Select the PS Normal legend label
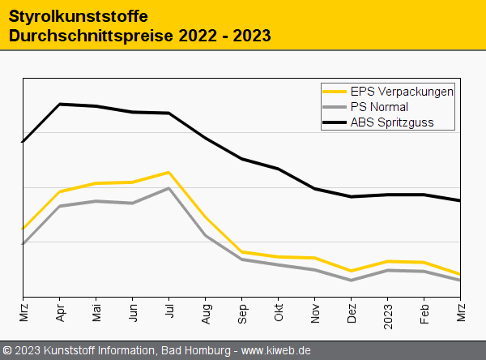click(x=379, y=107)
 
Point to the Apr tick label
click(x=60, y=313)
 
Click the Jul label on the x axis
click(x=169, y=311)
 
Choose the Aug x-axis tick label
click(x=206, y=313)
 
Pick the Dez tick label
click(x=352, y=313)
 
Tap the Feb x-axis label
click(x=424, y=313)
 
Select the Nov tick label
click(x=315, y=313)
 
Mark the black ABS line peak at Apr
click(x=60, y=104)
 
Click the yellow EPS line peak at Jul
click(x=168, y=172)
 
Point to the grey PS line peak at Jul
click(x=168, y=188)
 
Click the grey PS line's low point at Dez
click(x=351, y=281)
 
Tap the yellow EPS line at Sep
click(x=241, y=251)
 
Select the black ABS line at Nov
click(x=314, y=189)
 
